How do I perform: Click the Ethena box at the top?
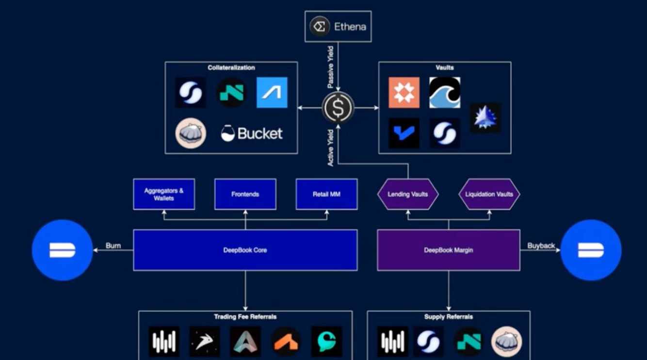click(338, 27)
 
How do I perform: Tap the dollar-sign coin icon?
click(338, 108)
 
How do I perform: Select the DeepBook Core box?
click(245, 250)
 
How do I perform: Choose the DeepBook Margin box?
click(449, 250)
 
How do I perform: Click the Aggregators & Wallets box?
click(164, 194)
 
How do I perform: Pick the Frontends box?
click(245, 194)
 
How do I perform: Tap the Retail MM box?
click(327, 194)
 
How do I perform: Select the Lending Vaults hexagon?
click(408, 194)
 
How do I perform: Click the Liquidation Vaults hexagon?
click(489, 194)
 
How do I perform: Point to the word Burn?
click(113, 245)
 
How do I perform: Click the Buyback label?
click(541, 245)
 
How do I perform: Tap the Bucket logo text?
click(252, 133)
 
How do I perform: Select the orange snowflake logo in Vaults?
click(404, 93)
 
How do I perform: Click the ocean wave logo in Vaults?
click(445, 93)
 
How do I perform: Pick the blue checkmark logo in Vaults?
click(404, 133)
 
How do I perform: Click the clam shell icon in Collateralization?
click(191, 133)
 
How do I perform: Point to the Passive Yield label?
click(331, 67)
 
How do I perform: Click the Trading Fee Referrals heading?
click(245, 317)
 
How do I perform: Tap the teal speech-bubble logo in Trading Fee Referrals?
click(327, 342)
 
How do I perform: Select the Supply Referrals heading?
click(449, 317)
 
